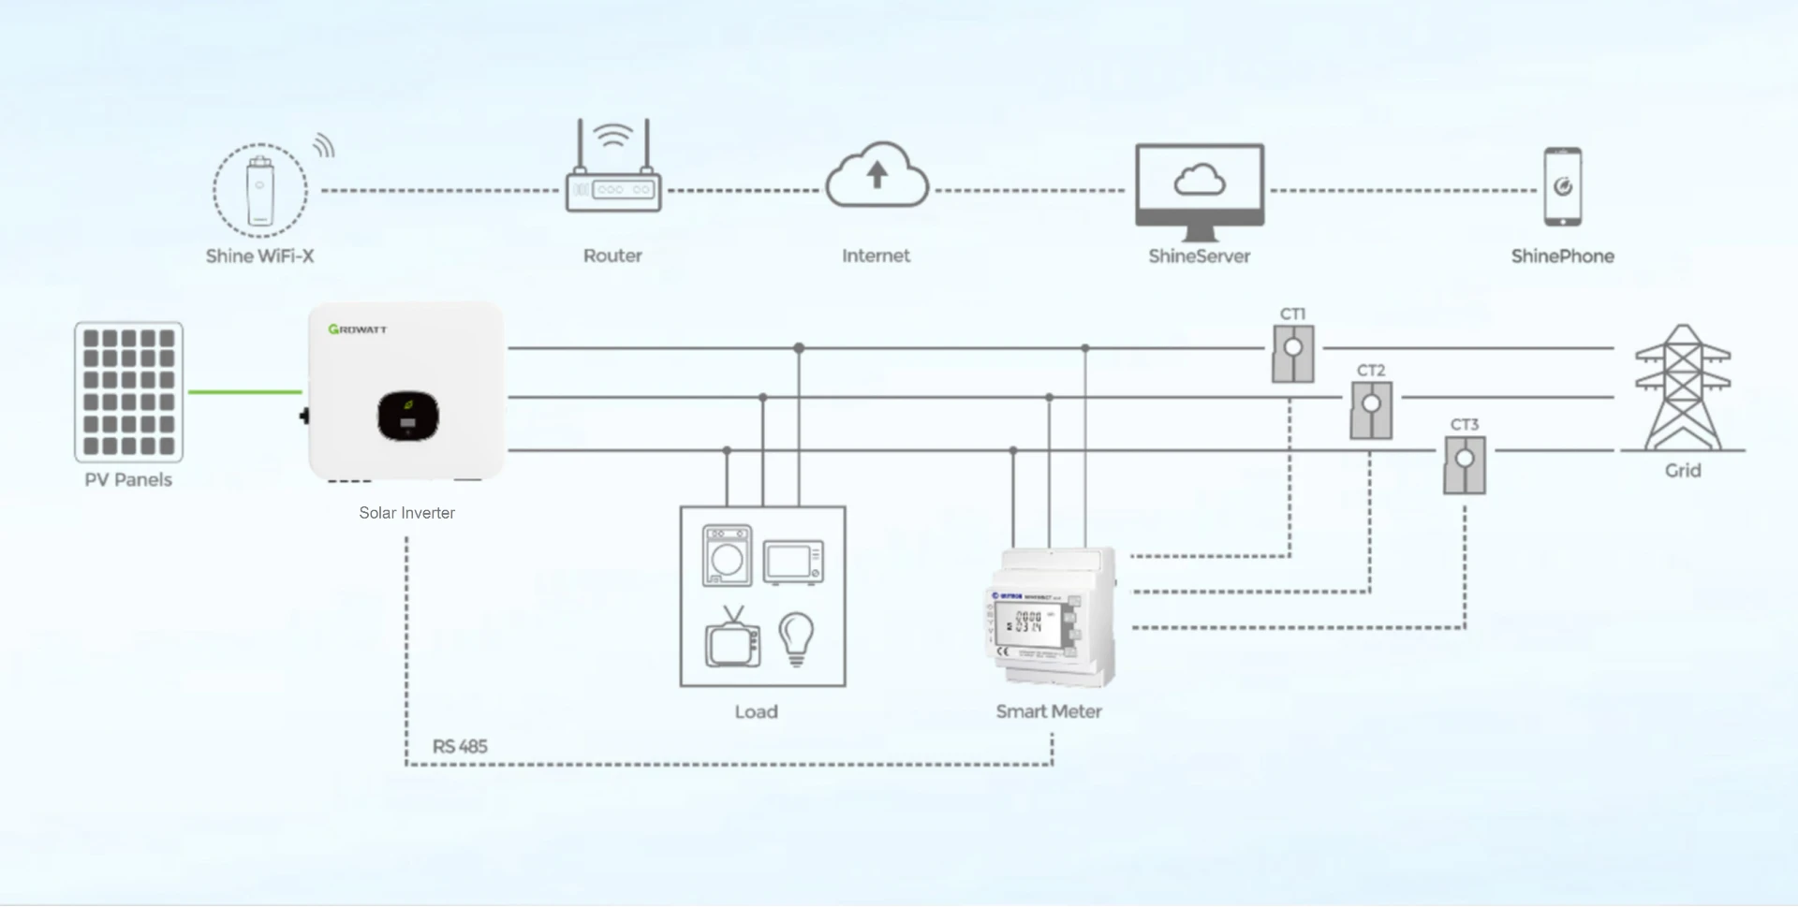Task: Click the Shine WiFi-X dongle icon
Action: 260,191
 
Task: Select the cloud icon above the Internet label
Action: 877,176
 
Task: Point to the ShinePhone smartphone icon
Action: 1562,186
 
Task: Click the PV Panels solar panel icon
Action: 129,391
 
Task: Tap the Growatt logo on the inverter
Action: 358,329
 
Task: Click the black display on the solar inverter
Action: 408,417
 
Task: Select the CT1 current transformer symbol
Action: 1292,353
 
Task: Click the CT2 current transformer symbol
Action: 1371,410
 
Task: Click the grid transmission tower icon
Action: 1682,388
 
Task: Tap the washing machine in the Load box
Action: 727,556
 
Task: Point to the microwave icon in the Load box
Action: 793,563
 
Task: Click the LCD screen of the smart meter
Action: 1028,623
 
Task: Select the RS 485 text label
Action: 460,747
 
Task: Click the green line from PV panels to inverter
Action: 245,392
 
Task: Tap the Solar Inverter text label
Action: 406,513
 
